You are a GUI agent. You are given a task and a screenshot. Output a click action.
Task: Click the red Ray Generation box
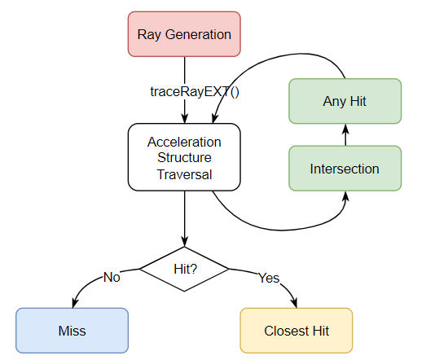coord(184,34)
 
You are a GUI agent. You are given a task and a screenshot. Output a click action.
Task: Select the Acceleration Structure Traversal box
coord(184,157)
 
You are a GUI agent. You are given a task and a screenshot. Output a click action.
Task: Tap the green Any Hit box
coord(345,101)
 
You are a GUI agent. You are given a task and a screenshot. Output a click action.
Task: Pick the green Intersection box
coord(345,169)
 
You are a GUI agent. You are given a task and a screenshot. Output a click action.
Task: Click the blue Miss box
coord(72,331)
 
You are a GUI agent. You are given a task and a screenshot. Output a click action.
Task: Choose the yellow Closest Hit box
coord(296,331)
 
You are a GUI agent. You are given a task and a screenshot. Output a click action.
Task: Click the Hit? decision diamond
coord(184,269)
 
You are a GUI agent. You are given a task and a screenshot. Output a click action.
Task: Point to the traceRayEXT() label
coord(195,91)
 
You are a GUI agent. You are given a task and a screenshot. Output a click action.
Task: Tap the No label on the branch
coord(112,278)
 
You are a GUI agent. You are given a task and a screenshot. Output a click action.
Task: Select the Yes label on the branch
coord(269,278)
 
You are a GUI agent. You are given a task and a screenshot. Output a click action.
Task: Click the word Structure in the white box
coord(184,157)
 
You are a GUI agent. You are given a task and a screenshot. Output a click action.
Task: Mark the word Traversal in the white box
coord(184,174)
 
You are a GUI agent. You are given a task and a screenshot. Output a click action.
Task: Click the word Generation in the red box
coord(198,34)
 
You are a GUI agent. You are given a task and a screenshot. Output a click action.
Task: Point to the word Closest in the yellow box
coord(287,331)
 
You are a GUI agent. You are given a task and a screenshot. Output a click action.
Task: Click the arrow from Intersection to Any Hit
coord(345,134)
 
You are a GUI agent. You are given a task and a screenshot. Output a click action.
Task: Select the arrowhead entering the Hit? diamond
coord(184,241)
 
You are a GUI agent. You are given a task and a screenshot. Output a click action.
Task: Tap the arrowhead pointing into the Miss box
coord(75,303)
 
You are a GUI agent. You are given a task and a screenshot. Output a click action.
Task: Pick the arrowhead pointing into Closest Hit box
coord(294,303)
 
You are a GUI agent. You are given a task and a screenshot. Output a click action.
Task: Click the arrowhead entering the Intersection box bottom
coord(345,196)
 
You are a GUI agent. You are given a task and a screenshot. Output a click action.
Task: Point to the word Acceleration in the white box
coord(184,142)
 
